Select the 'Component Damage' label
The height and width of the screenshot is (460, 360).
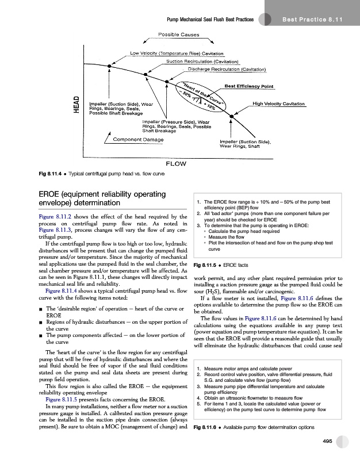[x=138, y=140]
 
